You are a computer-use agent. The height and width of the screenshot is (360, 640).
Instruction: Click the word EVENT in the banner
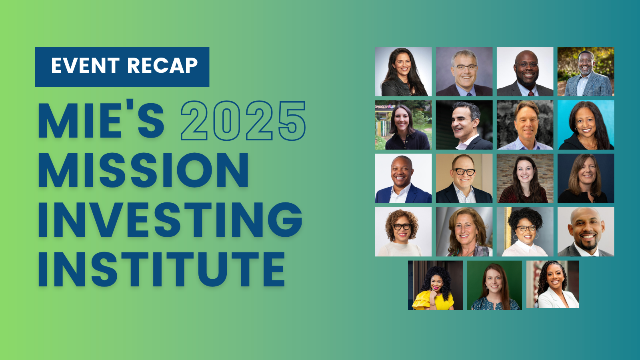pos(85,66)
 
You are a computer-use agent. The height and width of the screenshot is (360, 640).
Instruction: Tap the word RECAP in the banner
pos(162,66)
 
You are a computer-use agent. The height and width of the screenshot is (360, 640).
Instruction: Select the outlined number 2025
pos(243,120)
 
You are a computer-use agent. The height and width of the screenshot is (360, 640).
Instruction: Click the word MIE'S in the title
pos(102,120)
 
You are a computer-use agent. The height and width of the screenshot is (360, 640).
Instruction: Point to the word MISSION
pos(143,170)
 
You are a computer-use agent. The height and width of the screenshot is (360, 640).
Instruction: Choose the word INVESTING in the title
pos(170,220)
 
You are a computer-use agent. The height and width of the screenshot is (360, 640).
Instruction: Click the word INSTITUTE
pos(162,270)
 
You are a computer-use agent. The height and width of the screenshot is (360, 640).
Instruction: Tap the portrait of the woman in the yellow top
pos(435,285)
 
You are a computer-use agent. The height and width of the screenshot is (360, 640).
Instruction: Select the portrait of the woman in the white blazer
pos(552,284)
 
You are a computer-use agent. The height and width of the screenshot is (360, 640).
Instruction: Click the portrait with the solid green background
pos(494,285)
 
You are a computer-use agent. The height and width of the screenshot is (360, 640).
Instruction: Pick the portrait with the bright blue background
pos(586,125)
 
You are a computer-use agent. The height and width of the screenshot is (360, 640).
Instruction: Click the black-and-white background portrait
pos(525,125)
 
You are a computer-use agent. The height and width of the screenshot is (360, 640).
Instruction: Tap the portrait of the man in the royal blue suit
pos(403,178)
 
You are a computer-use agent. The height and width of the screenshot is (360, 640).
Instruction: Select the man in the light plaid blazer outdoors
pos(586,72)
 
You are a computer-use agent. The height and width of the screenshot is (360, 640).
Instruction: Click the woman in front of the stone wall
pos(525,178)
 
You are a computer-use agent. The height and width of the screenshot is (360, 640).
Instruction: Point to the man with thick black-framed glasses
pos(464,178)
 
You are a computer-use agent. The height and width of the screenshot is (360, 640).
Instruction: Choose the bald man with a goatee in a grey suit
pos(586,232)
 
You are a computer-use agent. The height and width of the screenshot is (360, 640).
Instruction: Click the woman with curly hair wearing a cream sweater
pos(403,232)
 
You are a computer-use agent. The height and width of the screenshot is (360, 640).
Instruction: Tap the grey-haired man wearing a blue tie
pos(464,72)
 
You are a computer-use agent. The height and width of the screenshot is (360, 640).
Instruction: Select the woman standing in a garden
pos(403,125)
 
